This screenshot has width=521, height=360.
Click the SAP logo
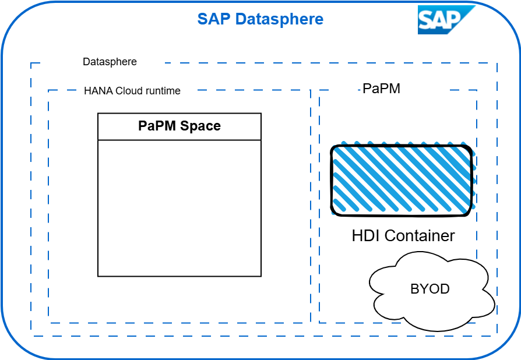click(446, 20)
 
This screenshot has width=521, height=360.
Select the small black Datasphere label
click(110, 62)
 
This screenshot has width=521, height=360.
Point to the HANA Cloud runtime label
click(132, 91)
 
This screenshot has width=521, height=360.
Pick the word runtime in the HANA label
click(163, 91)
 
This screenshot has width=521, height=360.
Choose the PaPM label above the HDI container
click(381, 89)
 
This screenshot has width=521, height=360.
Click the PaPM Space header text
click(179, 126)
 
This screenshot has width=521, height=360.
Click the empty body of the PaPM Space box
click(179, 207)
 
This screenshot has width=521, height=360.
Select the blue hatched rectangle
click(402, 180)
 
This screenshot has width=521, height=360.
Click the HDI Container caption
click(403, 236)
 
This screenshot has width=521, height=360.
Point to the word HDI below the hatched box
click(365, 236)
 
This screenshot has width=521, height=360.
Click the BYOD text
click(430, 289)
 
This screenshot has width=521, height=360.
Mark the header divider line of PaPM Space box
click(179, 140)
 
